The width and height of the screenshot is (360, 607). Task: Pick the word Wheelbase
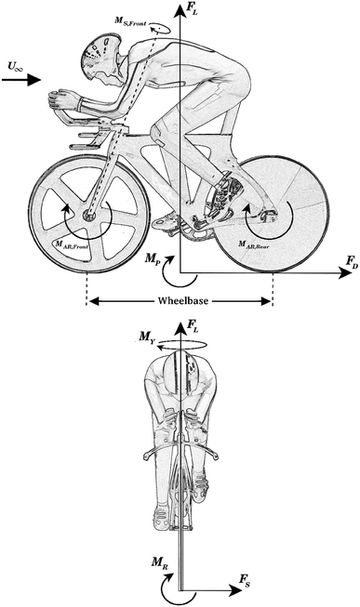click(179, 300)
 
